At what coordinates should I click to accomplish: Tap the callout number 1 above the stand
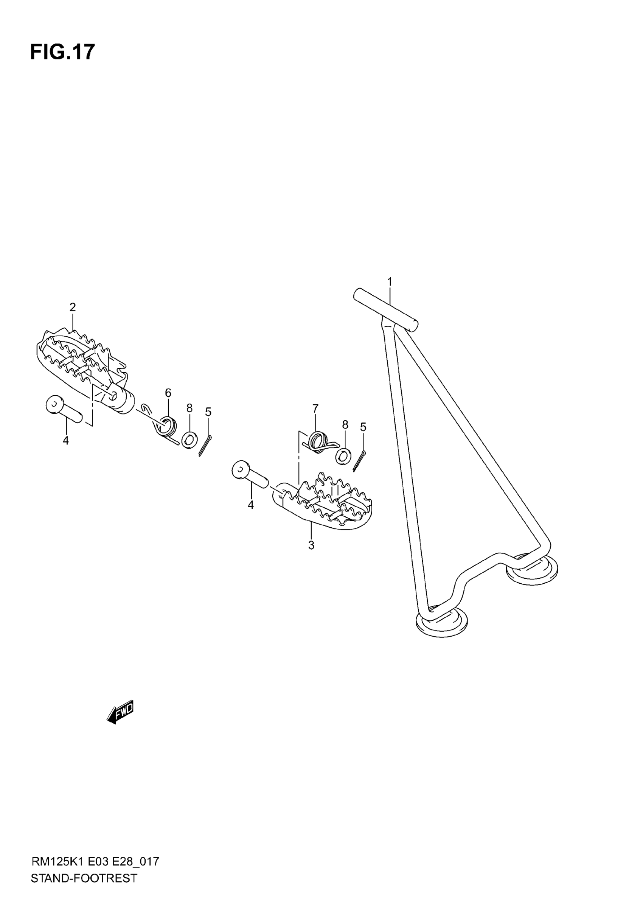coord(390,282)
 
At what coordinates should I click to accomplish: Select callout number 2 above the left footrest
coord(73,307)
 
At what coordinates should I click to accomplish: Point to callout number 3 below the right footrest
coord(311,545)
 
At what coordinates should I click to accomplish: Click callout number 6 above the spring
coord(168,393)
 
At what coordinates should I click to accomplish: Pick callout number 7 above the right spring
coord(315,408)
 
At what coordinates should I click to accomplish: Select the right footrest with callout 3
coord(325,501)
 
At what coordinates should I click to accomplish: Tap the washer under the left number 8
coord(189,440)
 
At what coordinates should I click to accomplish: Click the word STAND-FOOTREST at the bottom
coord(84,889)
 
